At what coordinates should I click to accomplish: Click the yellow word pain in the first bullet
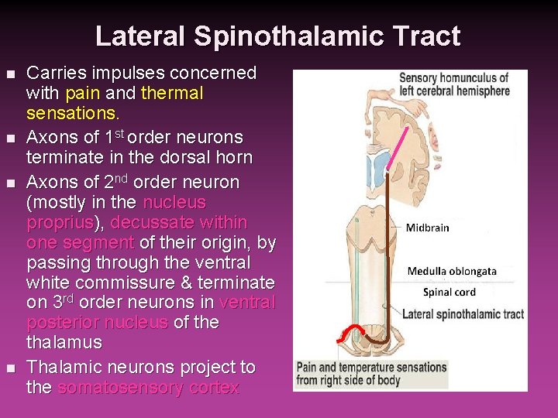tap(81, 94)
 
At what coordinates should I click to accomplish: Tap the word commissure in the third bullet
tap(108, 283)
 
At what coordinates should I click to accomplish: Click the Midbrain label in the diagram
tap(427, 228)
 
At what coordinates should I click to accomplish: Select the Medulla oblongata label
tap(452, 271)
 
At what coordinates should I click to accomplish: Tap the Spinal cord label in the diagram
tap(449, 292)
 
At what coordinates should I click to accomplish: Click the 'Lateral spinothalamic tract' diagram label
tap(462, 314)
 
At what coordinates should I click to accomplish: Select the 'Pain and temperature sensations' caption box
tap(371, 373)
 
